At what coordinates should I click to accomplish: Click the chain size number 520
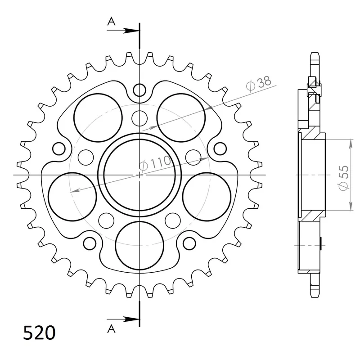click(39, 333)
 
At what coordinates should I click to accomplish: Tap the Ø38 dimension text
click(258, 83)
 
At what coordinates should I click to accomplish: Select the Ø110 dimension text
click(155, 163)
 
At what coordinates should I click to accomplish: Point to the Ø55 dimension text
click(344, 178)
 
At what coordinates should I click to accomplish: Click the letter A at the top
click(111, 22)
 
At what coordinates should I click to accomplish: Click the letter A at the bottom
click(111, 329)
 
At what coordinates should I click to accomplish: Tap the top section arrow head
click(131, 31)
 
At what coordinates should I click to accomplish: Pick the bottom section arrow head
click(131, 319)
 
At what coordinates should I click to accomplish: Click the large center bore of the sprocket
click(139, 175)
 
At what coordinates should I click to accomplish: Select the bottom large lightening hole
click(139, 246)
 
